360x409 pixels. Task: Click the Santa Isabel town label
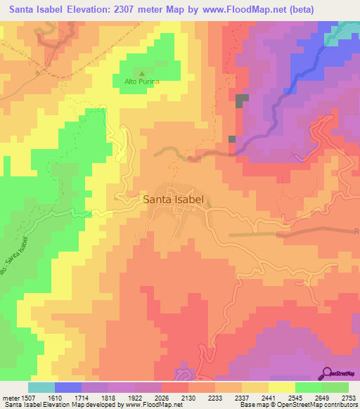pyautogui.click(x=173, y=200)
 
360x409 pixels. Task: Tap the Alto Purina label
pyautogui.click(x=142, y=82)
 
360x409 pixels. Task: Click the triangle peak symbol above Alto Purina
pyautogui.click(x=142, y=73)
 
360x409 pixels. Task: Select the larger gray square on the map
pyautogui.click(x=242, y=100)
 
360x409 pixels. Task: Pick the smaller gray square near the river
pyautogui.click(x=232, y=139)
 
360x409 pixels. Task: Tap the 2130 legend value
pyautogui.click(x=188, y=396)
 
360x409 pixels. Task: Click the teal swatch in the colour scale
pyautogui.click(x=41, y=387)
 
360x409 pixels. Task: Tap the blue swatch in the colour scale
pyautogui.click(x=68, y=387)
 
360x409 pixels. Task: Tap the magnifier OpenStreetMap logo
pyautogui.click(x=326, y=375)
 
